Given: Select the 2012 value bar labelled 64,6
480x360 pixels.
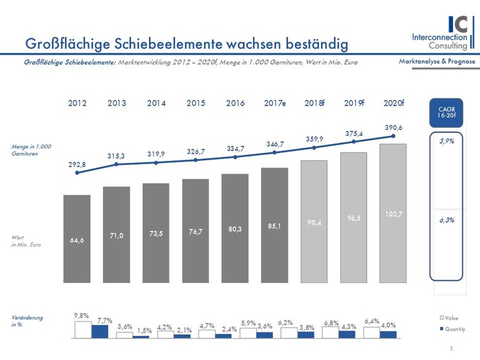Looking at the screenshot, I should (76, 239).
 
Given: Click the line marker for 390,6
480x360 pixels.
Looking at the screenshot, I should (393, 136).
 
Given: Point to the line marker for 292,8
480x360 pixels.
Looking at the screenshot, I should (77, 173).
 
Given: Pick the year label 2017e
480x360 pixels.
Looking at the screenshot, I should (274, 104).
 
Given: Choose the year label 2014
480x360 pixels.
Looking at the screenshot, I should (156, 104).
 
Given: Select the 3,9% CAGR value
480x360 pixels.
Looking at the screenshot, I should (446, 140).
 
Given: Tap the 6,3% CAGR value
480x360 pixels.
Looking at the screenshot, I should (446, 220).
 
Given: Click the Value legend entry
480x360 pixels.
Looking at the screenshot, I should (450, 318).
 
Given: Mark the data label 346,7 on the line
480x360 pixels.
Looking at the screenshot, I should (274, 143).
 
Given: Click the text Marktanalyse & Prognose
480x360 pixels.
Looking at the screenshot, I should (436, 61).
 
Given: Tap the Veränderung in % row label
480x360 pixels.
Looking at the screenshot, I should (27, 320).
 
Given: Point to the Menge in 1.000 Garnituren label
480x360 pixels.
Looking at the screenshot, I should (32, 150).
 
